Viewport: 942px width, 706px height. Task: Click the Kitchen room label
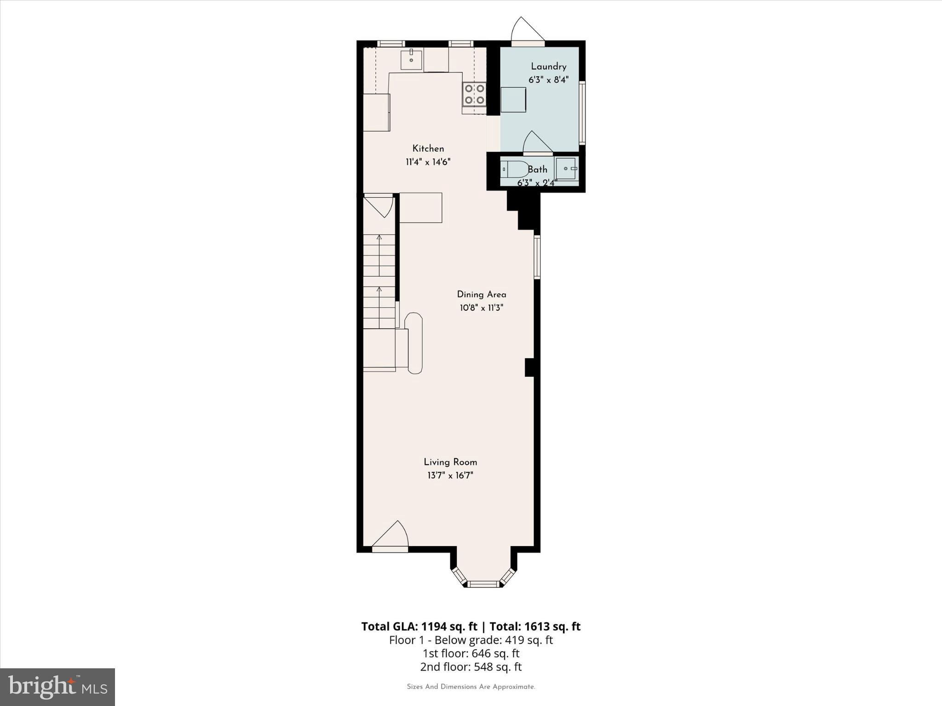428,148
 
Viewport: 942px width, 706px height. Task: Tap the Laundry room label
548,67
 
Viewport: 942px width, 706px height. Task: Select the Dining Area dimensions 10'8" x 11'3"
481,308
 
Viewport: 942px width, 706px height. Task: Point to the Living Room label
450,462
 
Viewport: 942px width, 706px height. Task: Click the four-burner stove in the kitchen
474,94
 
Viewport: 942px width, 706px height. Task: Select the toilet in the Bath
514,169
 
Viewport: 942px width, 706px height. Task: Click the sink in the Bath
566,169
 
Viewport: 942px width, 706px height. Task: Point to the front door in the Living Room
390,538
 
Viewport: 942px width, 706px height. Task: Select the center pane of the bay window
483,584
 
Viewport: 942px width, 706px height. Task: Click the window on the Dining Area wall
537,257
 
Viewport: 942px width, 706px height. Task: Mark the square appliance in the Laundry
513,100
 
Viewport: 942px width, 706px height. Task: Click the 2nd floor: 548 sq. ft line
471,667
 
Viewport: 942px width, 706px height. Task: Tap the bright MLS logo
57,687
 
